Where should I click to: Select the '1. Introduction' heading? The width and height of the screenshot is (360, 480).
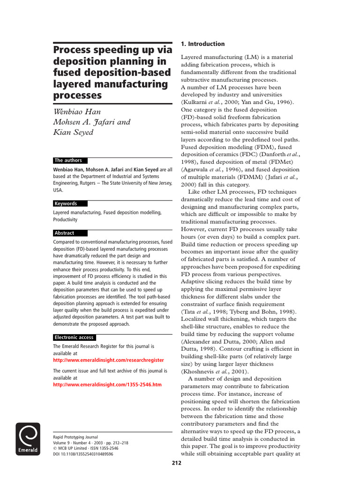[202, 44]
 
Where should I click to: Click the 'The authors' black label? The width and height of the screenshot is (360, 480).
[68, 160]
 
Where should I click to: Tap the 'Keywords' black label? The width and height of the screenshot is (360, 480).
[66, 203]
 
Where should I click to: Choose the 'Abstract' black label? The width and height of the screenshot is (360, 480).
[64, 233]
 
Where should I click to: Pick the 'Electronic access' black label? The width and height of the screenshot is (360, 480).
[74, 337]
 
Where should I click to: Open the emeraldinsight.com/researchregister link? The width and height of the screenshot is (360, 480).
[108, 360]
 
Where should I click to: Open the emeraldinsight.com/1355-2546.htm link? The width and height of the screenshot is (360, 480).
[107, 384]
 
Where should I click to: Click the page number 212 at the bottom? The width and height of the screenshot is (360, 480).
[176, 464]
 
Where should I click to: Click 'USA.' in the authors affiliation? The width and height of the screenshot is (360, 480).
[58, 191]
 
